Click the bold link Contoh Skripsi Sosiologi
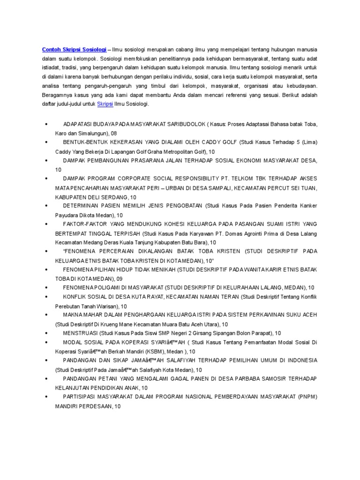74,49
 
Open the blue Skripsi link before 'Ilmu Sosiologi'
105,104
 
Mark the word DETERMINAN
82,206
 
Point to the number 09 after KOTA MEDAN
119,278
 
